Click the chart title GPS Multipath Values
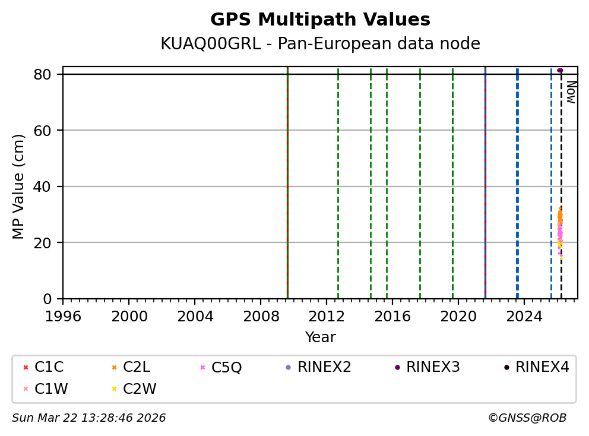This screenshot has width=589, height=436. [x=320, y=20]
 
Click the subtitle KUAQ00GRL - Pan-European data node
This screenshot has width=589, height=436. [x=320, y=44]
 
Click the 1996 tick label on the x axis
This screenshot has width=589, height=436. [x=63, y=315]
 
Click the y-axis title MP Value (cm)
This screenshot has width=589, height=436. [x=19, y=187]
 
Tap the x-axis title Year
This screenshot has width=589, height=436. [x=320, y=337]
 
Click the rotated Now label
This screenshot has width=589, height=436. [x=571, y=92]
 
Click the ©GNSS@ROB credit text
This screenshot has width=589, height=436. [x=527, y=418]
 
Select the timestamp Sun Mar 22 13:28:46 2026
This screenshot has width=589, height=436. [x=89, y=418]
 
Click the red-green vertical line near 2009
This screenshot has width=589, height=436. [x=287, y=178]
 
